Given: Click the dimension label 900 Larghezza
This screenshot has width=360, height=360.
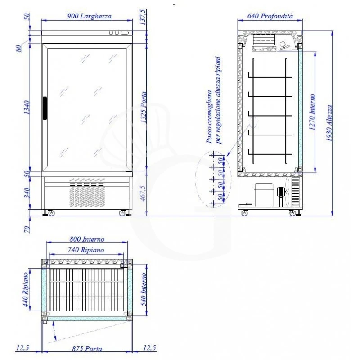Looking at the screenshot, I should (x=89, y=16).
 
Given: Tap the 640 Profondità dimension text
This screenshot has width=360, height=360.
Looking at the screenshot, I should (x=270, y=16).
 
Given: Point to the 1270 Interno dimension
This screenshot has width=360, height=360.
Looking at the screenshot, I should (x=311, y=113).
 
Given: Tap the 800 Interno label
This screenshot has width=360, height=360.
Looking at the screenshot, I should (x=87, y=240).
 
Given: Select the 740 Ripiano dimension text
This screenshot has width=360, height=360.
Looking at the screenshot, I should (x=86, y=249).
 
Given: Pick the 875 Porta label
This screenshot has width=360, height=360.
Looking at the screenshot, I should (x=87, y=349).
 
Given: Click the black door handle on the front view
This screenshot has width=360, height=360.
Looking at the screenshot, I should (x=45, y=108).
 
